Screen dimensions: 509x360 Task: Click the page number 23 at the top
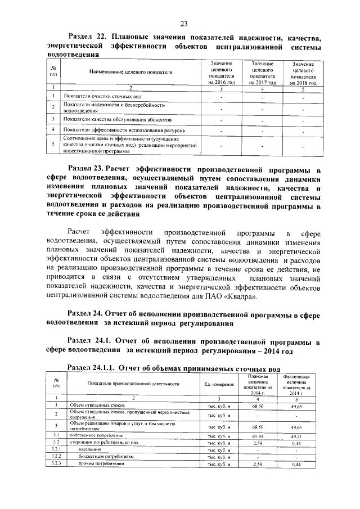tap(183, 23)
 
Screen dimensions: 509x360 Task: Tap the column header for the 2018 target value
tap(303, 73)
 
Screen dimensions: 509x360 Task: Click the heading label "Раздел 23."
tap(85, 168)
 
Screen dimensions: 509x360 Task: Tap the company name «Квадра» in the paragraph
tap(244, 296)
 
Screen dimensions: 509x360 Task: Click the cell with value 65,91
tap(258, 436)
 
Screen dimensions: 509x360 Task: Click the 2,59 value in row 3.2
tap(258, 443)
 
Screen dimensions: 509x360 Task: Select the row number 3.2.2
tap(56, 457)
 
